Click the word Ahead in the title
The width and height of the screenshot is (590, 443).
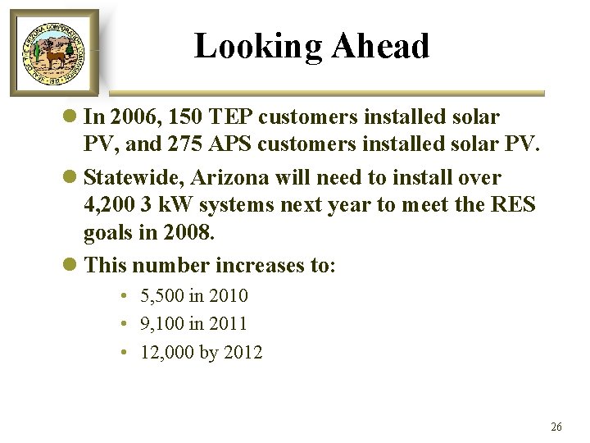pyautogui.click(x=380, y=46)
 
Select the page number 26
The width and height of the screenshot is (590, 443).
pyautogui.click(x=556, y=427)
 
